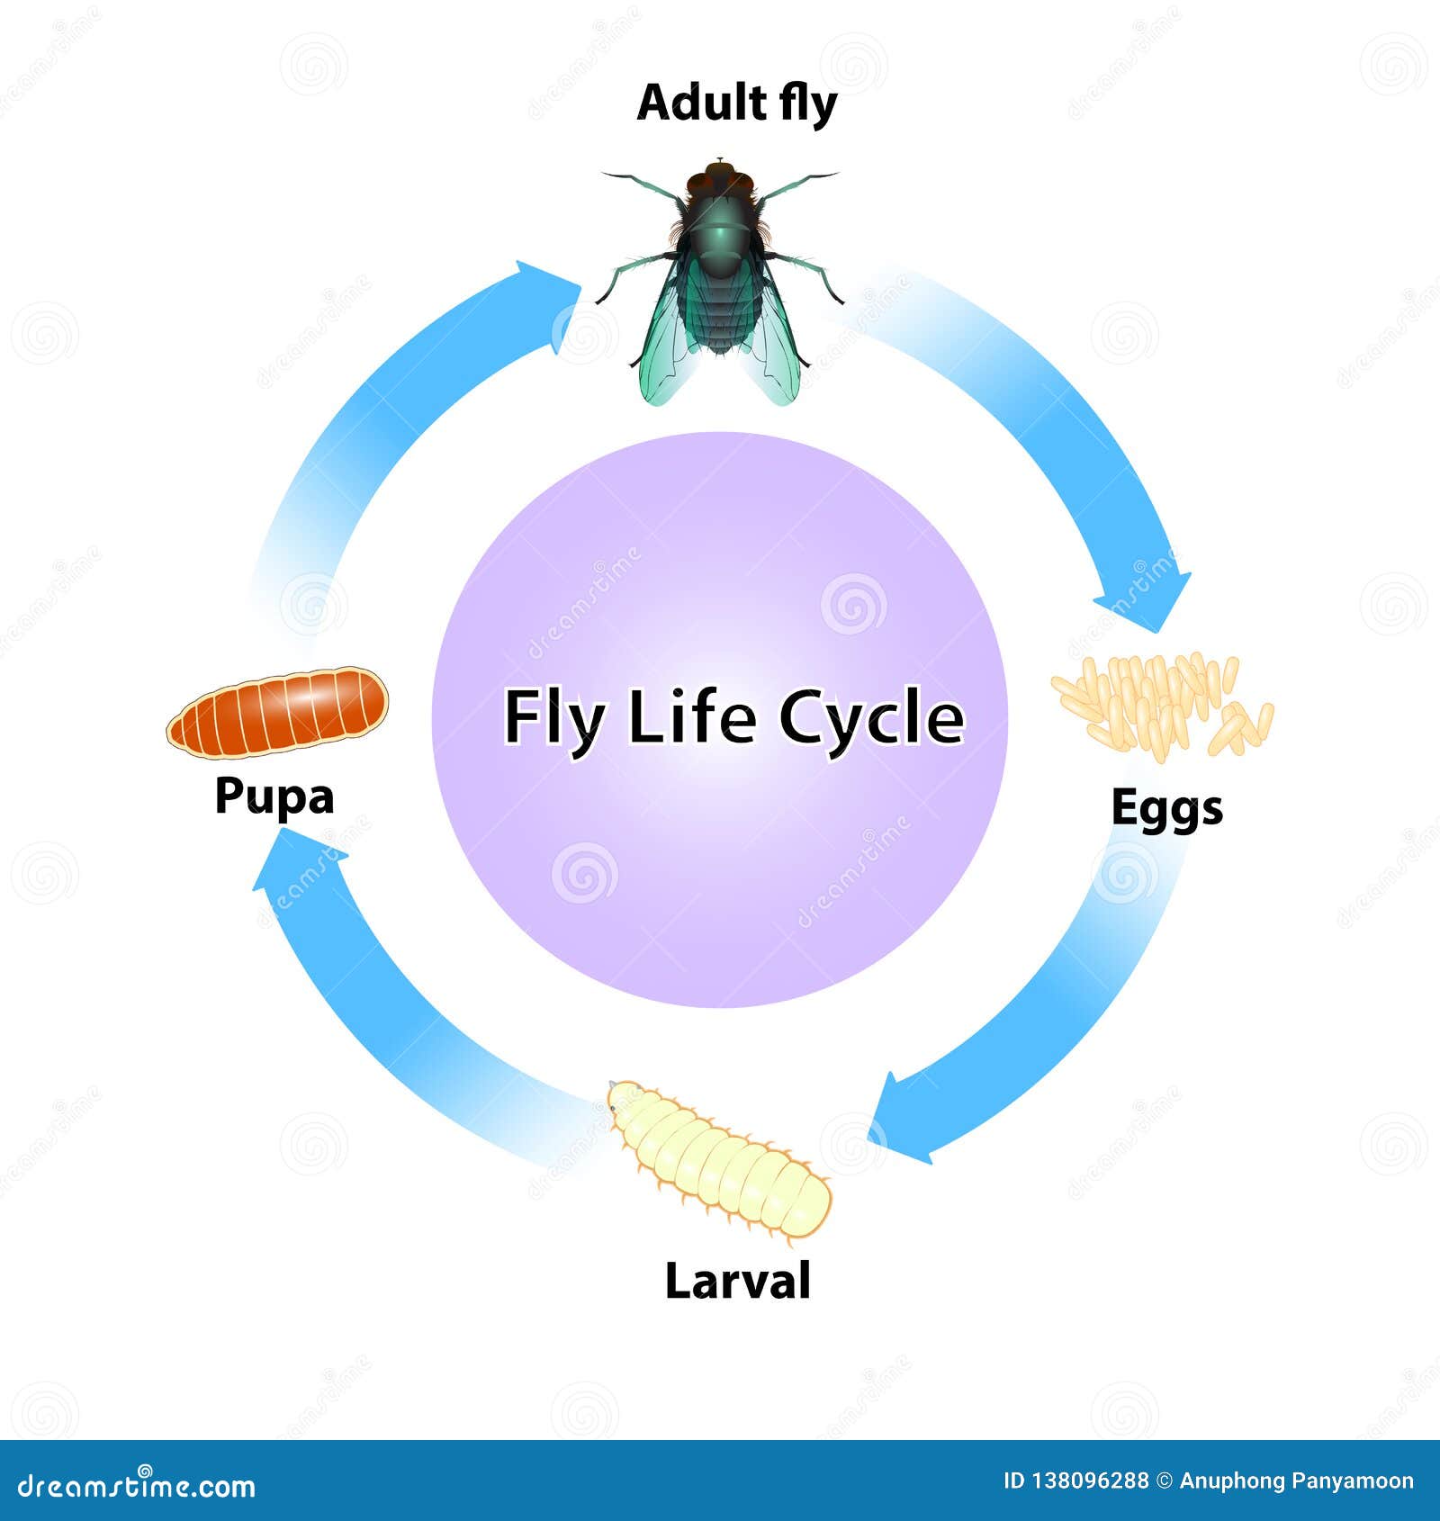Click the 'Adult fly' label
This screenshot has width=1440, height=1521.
pos(736,103)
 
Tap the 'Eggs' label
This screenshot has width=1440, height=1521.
pos(1166,807)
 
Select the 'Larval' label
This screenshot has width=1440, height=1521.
pos(737,1280)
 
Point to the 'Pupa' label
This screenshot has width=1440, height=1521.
pos(274,796)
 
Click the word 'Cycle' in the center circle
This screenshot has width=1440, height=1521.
pos(871,719)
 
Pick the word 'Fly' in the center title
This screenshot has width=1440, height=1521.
pos(551,719)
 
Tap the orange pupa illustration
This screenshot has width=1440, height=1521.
pos(277,712)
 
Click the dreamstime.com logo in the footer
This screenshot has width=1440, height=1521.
pos(137,1487)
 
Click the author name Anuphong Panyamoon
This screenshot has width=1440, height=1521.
pos(1296,1481)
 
